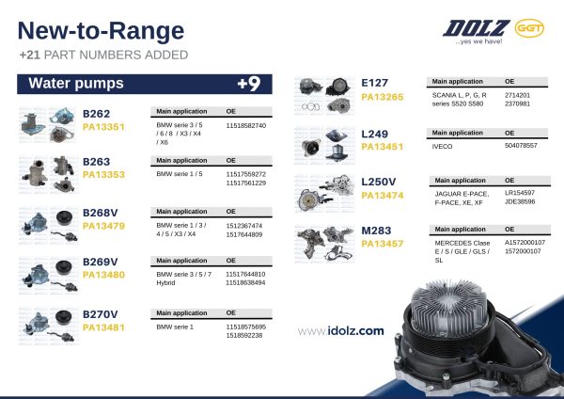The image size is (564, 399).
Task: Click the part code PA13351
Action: pos(103,125)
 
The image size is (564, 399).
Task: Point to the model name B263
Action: pos(97,161)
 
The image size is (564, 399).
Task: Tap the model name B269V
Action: pos(101,262)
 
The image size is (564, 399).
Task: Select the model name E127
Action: pos(375,83)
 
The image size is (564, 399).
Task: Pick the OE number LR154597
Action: pos(519,192)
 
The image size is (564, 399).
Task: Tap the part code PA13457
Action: pos(383,244)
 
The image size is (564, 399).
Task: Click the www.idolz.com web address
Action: pos(340,330)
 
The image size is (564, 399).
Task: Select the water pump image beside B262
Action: pos(49,122)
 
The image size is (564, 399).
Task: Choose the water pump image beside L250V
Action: pos(323,192)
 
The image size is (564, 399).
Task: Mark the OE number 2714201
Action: pos(517,95)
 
